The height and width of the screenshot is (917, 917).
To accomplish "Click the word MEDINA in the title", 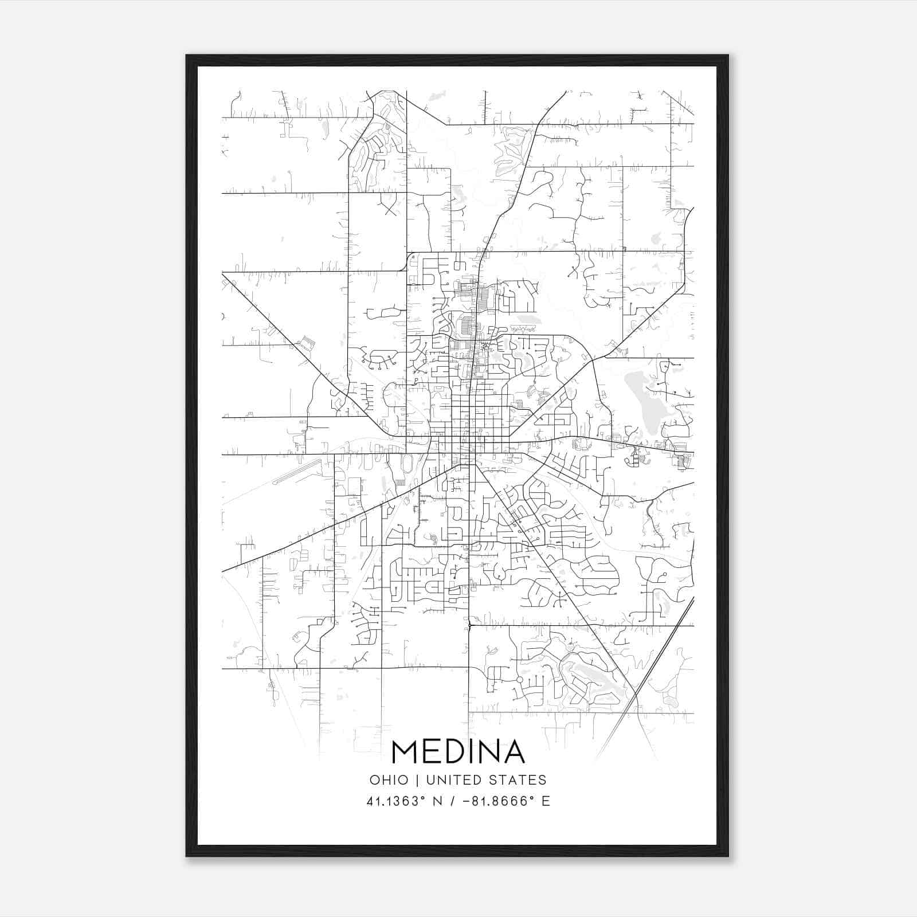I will tap(458, 752).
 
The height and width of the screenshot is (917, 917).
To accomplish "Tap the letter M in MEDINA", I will tap(405, 752).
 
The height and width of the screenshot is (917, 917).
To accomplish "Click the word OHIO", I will tap(389, 780).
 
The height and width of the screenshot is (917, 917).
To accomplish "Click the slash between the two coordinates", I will tap(454, 801).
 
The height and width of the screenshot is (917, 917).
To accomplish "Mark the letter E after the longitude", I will tap(545, 801).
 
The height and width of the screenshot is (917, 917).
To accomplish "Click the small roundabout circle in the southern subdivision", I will tap(519, 679).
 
